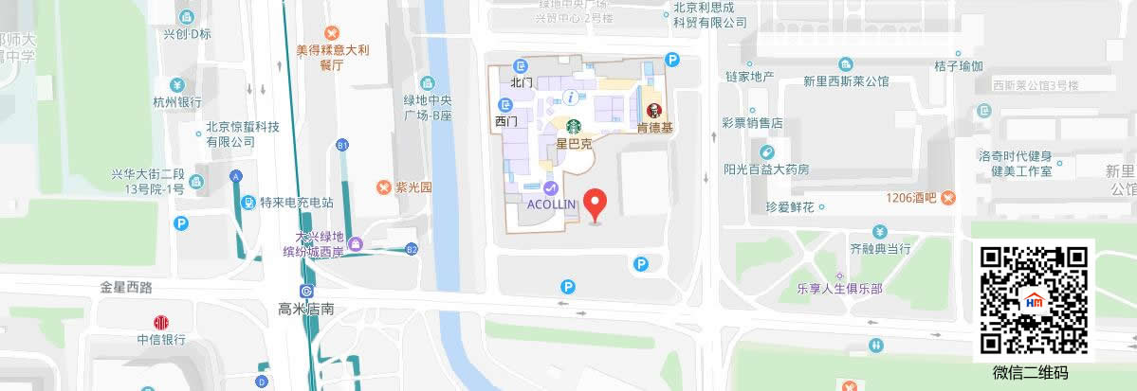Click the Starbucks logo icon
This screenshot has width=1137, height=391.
coord(574,125)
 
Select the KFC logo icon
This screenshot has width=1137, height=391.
coord(654,110)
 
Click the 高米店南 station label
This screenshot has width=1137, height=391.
coord(307,309)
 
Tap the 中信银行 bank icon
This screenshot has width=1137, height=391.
coord(160,321)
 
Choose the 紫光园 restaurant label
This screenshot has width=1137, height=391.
coord(413,187)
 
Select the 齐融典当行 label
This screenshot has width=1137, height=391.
coord(879,250)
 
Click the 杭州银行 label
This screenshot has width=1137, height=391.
coord(177,102)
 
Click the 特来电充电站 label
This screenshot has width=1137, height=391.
coord(297,203)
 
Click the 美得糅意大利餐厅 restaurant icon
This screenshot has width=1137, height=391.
coord(331,33)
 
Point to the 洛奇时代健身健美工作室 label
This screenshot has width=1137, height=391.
coord(1020,164)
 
